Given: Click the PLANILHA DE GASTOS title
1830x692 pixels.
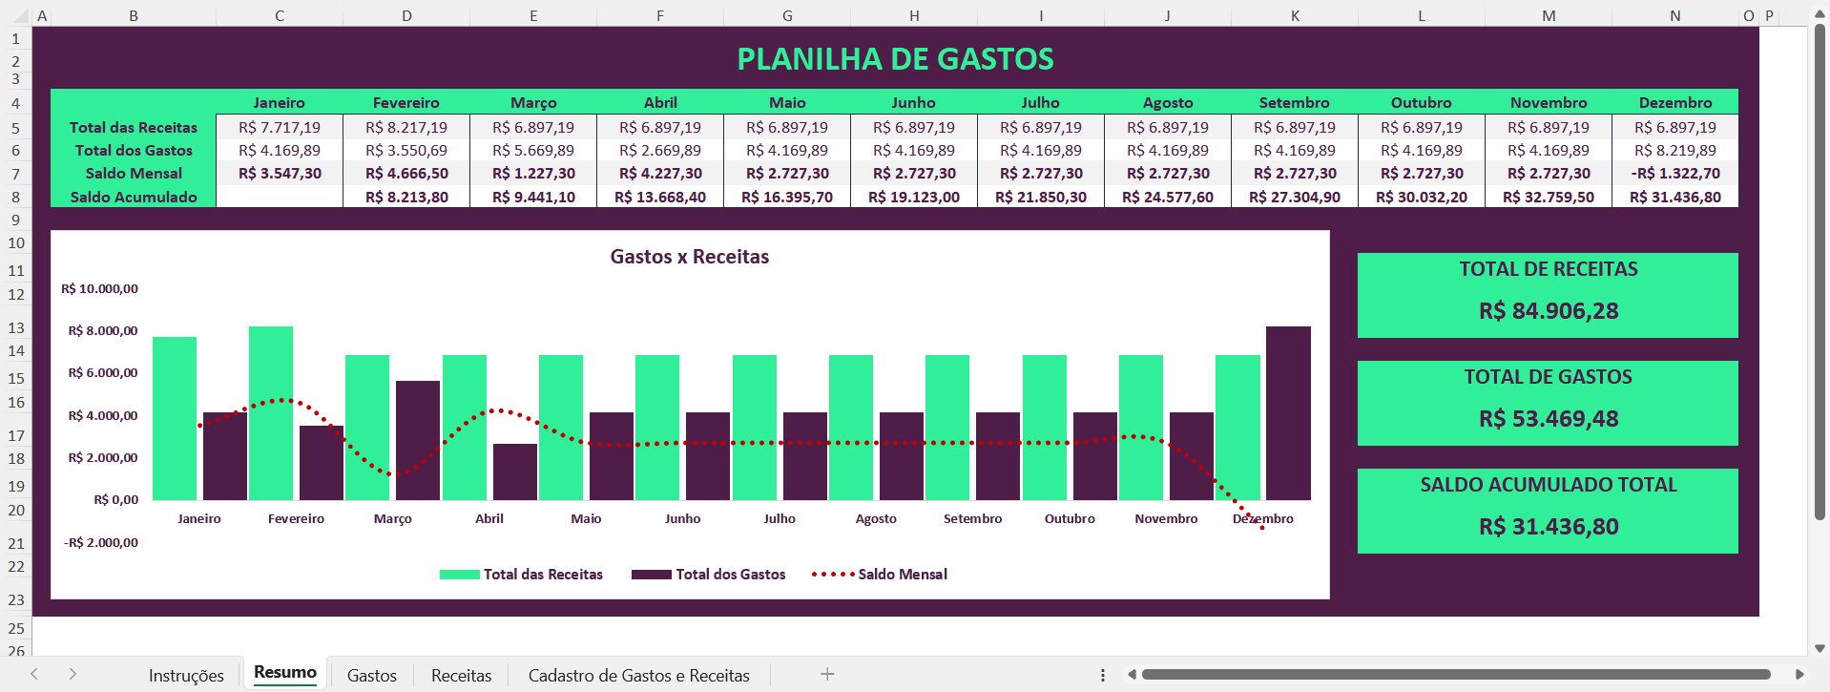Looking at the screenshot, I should click(895, 59).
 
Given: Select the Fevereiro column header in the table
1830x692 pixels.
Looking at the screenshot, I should click(406, 103).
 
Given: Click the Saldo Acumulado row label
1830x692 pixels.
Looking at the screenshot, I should click(134, 197).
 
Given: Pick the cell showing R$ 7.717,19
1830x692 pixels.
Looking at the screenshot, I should click(280, 127).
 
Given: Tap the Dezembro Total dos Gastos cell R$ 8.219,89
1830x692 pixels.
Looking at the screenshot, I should click(1674, 150).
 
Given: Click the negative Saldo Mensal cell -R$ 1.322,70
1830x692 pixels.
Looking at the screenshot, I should click(1674, 174).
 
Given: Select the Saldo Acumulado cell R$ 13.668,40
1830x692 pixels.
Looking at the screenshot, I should click(660, 197).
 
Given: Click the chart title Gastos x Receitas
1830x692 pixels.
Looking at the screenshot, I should click(689, 257).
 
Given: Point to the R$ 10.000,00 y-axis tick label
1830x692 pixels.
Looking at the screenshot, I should click(100, 288).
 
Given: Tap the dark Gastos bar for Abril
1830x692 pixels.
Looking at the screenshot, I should click(514, 472).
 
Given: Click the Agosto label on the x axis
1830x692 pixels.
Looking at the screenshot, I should click(876, 518).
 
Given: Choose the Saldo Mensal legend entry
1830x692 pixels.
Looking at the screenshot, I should click(902, 574).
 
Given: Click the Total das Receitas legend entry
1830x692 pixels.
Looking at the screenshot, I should click(542, 574).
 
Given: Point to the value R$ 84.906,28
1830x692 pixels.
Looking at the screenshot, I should click(1548, 311).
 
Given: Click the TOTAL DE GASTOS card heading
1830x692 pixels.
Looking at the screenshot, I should click(1548, 377).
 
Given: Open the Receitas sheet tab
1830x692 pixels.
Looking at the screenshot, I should click(461, 676).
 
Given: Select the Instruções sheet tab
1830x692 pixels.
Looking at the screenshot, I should click(186, 676).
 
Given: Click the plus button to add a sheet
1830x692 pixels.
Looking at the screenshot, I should click(827, 674).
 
